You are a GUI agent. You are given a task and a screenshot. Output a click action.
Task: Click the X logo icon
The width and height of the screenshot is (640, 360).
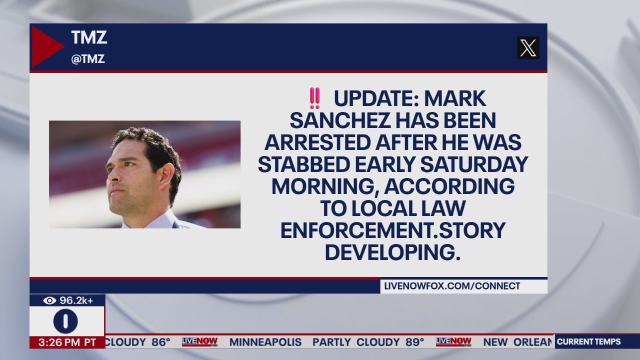528,48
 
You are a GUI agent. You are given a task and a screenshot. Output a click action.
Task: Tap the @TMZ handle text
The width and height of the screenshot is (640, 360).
88,59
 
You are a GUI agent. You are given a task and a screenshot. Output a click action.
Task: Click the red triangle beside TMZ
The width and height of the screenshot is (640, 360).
46,46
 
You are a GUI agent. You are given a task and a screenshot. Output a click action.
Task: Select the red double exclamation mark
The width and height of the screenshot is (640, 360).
314,98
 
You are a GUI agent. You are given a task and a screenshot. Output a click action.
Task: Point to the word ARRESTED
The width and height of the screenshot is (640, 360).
316,142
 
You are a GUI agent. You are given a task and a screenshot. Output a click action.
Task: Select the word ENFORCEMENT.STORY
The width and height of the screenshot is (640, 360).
393,230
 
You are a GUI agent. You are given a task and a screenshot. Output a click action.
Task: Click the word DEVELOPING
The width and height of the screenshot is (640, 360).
393,252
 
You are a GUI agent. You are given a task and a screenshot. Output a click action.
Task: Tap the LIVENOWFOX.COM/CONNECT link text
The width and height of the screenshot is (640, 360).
452,286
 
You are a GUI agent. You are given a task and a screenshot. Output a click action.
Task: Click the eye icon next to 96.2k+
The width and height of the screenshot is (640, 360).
49,300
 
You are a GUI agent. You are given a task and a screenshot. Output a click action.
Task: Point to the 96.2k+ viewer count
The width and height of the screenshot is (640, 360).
76,300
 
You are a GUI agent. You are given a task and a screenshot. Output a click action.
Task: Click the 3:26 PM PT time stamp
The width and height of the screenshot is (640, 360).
67,342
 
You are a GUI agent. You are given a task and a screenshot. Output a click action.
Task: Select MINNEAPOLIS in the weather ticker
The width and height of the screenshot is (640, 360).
265,342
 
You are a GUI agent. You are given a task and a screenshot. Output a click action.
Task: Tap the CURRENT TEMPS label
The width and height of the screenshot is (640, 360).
588,342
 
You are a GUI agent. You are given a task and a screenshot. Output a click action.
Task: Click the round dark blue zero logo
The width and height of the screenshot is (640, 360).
65,321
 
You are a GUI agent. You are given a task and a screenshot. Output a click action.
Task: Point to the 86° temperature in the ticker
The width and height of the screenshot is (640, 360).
161,342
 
